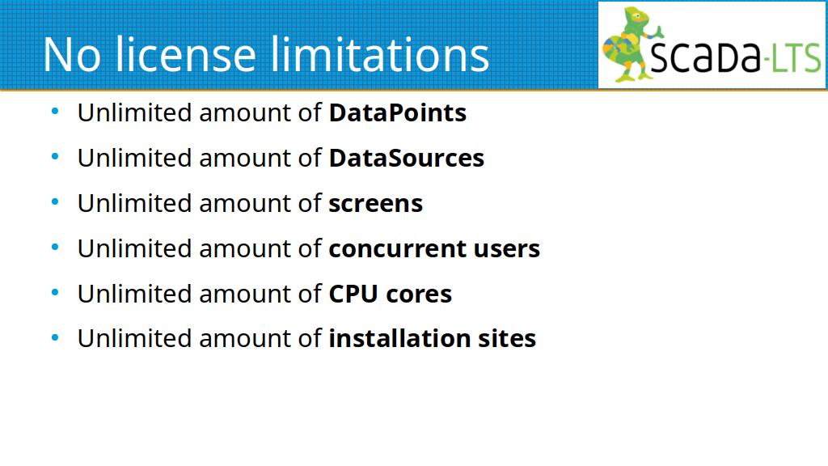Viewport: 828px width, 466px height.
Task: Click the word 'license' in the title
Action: [186, 54]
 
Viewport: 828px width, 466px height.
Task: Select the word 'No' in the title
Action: [72, 55]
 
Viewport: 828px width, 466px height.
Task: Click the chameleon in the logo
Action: [631, 44]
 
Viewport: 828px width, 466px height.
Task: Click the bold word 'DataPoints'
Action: [398, 112]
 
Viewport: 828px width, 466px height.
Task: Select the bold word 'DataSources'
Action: [407, 158]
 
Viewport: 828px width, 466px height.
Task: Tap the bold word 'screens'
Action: [375, 204]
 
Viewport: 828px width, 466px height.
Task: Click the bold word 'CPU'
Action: [353, 294]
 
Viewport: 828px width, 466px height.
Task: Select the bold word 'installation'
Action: [399, 338]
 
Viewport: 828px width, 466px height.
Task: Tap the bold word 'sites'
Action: [507, 339]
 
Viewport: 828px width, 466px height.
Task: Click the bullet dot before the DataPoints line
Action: [55, 112]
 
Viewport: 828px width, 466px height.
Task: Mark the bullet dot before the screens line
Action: [55, 201]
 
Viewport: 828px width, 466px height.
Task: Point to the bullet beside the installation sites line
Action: [55, 337]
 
